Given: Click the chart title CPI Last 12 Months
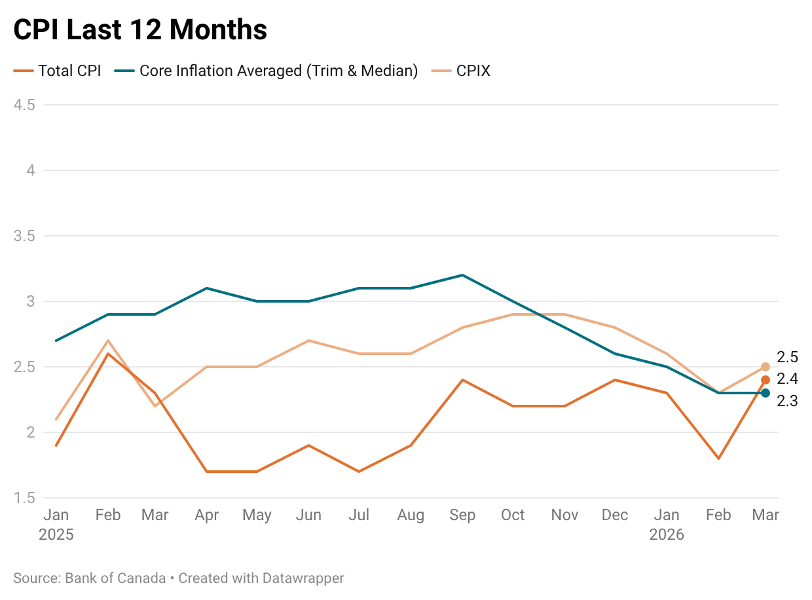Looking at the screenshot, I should (x=140, y=29).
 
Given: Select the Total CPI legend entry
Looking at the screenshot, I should (x=69, y=71).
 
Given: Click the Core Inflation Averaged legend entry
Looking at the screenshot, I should (x=278, y=71).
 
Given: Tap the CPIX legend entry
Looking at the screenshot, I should (x=473, y=71).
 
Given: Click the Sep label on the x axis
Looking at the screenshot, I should (x=462, y=515).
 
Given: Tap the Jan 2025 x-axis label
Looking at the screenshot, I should (x=56, y=524).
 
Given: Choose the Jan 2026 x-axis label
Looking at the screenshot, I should (x=667, y=524).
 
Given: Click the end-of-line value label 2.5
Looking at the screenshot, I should (x=787, y=357).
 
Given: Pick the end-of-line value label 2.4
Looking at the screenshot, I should (x=787, y=379).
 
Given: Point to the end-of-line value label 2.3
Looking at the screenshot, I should (x=787, y=401).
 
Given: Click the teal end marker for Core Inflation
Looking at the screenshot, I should (x=766, y=393).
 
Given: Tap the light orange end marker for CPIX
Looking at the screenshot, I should (x=766, y=367).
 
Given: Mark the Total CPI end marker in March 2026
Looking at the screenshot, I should (x=766, y=380).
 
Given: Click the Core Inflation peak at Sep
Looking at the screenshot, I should (x=462, y=275).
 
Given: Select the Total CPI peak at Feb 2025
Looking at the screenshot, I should (x=107, y=354).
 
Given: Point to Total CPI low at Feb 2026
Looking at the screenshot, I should (x=718, y=459).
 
